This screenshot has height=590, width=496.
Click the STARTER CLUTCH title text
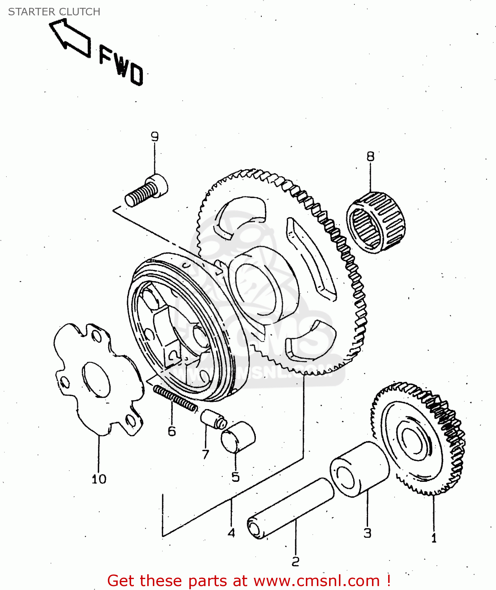(54, 12)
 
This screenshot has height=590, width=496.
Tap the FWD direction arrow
(70, 39)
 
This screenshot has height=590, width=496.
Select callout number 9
(155, 137)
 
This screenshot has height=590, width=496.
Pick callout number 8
(370, 157)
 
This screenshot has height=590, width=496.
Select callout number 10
(99, 479)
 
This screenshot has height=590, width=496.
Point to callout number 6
(172, 431)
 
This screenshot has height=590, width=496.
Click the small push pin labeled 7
(213, 419)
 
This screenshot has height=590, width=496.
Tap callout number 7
(205, 455)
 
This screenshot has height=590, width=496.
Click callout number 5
(235, 477)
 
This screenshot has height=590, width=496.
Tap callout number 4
(231, 533)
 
